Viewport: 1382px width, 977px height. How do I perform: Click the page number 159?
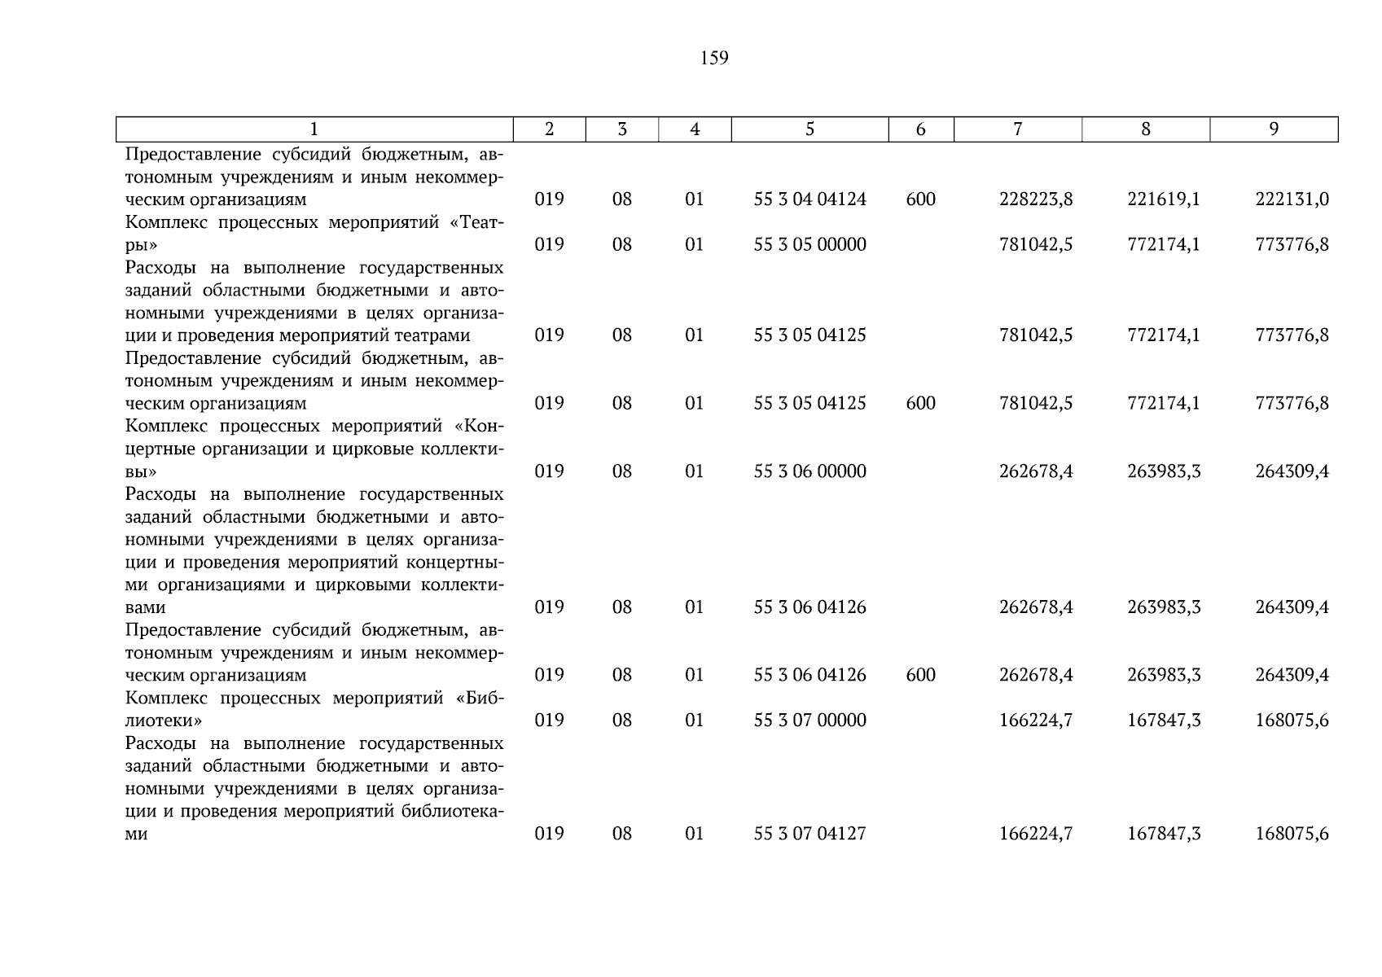click(713, 59)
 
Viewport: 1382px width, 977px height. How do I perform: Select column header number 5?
click(809, 129)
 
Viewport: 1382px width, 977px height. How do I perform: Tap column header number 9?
click(1274, 129)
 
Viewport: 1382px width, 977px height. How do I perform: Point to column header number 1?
click(314, 129)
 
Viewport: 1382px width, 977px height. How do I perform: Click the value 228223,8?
click(1036, 199)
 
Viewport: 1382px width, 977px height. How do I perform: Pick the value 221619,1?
click(1164, 199)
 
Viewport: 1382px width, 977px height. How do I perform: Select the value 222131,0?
click(1292, 199)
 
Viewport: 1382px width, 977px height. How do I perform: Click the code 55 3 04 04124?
click(809, 199)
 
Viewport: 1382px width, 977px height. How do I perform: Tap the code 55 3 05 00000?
click(809, 245)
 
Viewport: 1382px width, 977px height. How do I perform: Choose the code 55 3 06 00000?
click(809, 471)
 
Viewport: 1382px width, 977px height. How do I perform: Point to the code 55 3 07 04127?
click(809, 834)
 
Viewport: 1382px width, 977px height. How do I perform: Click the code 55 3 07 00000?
click(809, 721)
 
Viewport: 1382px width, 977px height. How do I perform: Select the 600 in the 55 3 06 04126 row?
click(920, 675)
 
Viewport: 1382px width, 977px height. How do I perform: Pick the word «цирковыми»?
click(362, 585)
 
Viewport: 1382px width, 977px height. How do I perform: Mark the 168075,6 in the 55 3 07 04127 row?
click(1292, 834)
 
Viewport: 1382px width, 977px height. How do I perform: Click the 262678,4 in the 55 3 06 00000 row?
click(1036, 471)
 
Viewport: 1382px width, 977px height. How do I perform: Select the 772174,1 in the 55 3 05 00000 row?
click(1164, 245)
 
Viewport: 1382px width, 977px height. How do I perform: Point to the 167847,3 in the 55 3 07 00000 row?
click(1164, 721)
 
